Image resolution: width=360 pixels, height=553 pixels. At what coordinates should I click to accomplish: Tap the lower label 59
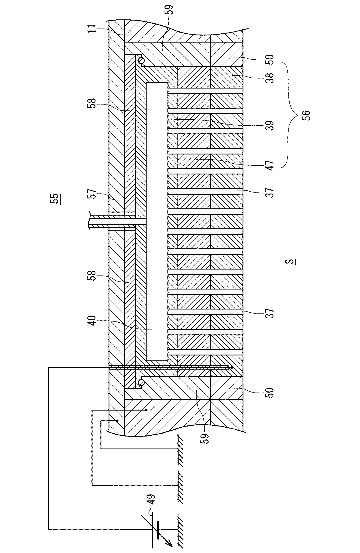tap(205, 435)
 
